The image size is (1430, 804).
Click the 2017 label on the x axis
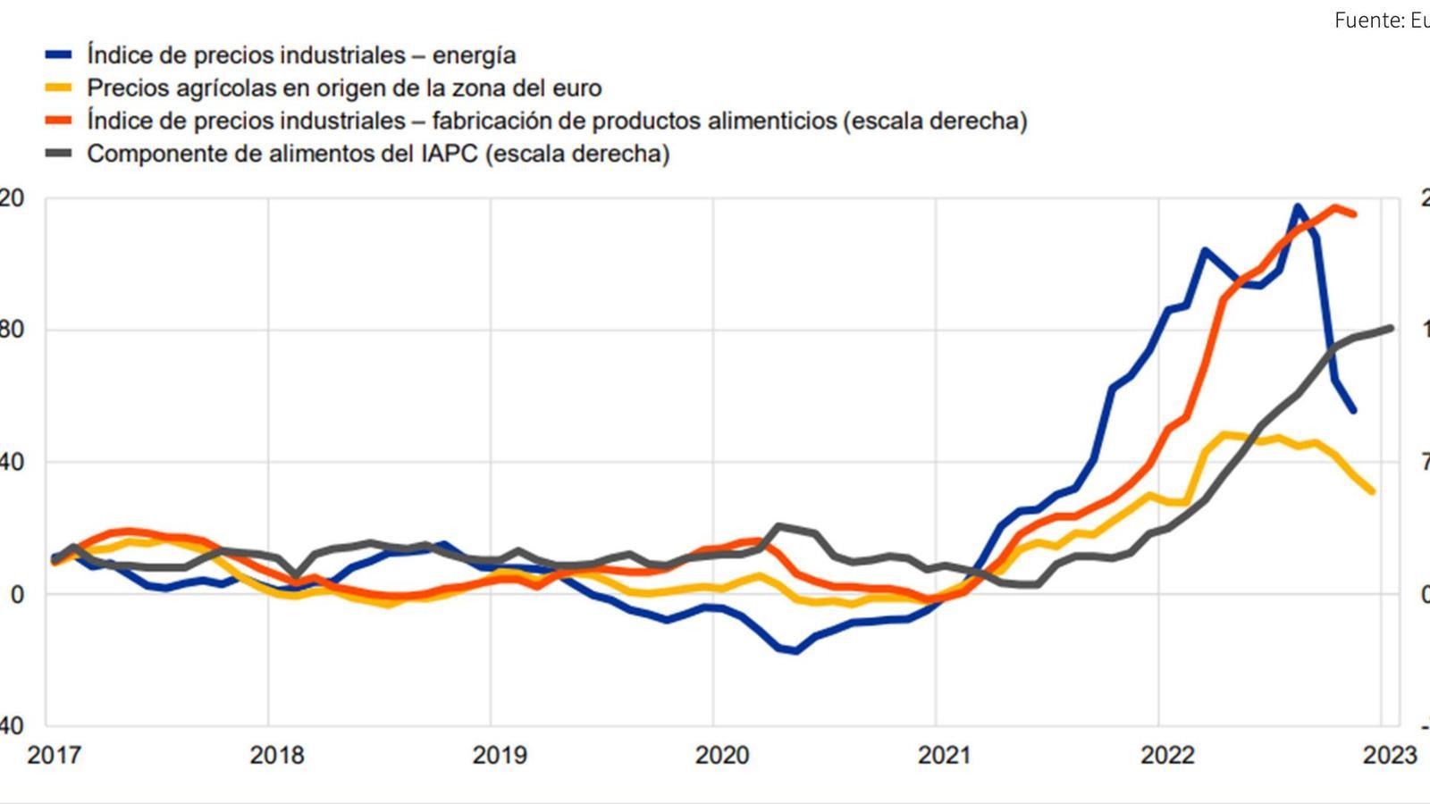point(55,755)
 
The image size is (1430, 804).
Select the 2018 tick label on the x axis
point(277,755)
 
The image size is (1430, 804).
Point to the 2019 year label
point(500,755)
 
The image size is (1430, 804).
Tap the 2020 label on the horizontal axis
point(722,755)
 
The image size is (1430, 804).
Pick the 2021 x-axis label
point(945,755)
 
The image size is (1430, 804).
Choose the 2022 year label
point(1167,755)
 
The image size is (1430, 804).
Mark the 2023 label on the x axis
point(1390,755)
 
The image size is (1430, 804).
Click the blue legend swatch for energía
point(59,55)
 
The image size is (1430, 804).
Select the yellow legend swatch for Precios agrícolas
point(59,88)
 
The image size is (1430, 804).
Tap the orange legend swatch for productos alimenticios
point(59,121)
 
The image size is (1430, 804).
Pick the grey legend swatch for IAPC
point(59,154)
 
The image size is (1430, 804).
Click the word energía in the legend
point(474,55)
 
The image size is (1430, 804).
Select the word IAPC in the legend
point(451,154)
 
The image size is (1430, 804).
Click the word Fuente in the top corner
point(1365,21)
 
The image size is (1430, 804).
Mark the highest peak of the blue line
point(1298,207)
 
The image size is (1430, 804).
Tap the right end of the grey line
point(1391,328)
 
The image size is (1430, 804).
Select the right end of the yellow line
point(1372,491)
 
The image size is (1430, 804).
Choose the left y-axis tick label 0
point(16,595)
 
